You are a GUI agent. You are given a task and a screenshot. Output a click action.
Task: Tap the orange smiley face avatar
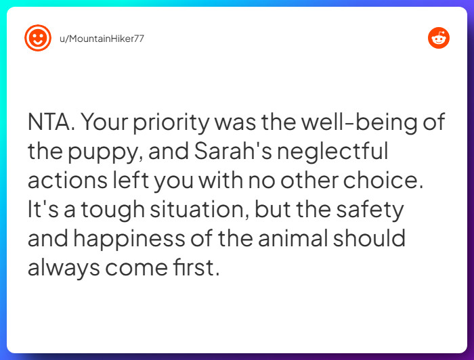[38, 39]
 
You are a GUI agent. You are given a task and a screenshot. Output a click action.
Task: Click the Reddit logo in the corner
[438, 39]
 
